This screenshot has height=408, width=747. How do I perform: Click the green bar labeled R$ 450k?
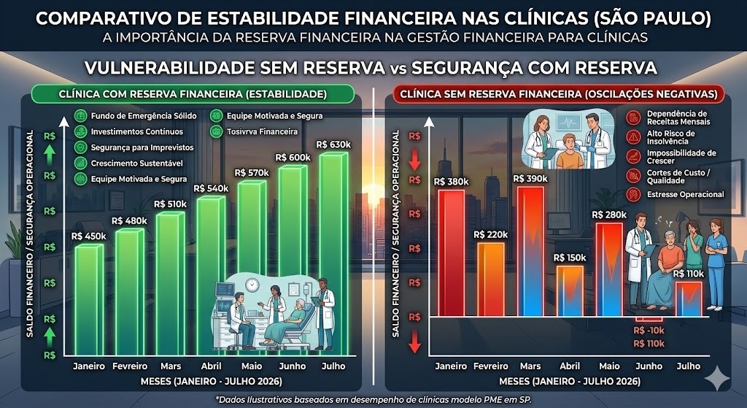point(89,299)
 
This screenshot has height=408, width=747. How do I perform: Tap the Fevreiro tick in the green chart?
point(129,366)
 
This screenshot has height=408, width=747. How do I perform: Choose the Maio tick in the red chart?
point(609,366)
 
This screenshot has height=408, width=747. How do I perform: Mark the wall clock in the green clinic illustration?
point(252,285)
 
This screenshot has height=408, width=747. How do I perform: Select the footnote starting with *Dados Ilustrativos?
point(373,399)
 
